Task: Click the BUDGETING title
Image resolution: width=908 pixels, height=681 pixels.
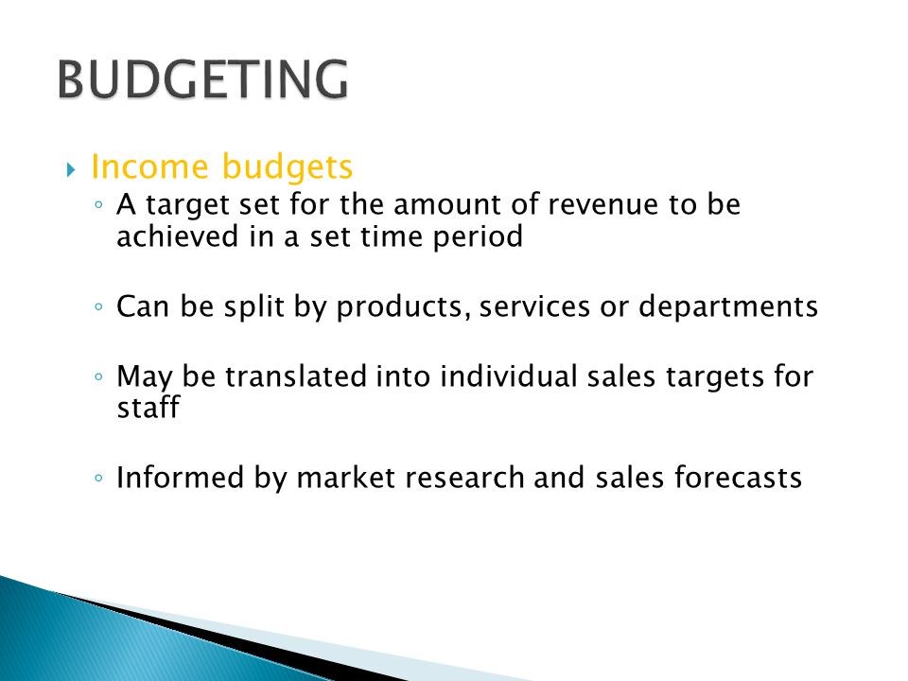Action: (201, 79)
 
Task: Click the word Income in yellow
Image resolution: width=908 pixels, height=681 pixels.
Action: (148, 167)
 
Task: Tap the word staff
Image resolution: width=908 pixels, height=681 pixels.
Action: (148, 409)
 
